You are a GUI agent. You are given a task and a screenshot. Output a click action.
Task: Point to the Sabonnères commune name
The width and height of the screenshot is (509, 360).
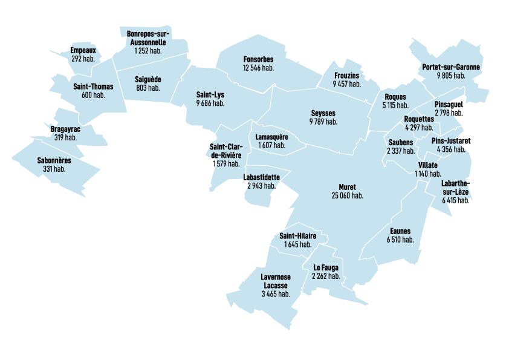pos(54,160)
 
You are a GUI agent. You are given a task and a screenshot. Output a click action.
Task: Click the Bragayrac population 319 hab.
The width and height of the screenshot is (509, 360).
pos(65,137)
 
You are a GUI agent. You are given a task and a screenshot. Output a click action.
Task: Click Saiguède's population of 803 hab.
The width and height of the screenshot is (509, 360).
pos(148,88)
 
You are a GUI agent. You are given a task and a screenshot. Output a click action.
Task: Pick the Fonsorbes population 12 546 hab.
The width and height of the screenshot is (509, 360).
pos(258,68)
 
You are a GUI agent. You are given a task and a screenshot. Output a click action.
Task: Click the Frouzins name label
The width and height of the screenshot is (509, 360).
pos(346,76)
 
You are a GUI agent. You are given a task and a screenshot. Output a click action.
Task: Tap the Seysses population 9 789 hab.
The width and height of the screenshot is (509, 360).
pos(323,122)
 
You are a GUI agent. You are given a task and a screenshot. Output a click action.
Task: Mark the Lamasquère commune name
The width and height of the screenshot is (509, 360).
pos(272,137)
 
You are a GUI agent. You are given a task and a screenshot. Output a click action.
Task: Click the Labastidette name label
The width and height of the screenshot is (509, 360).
pos(261,177)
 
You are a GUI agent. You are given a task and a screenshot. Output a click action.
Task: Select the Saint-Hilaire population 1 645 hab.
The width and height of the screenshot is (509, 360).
pos(297,244)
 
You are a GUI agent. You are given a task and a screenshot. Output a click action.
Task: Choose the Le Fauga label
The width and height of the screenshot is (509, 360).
pos(326,267)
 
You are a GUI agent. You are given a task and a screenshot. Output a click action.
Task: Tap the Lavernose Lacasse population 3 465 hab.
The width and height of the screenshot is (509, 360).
pos(276,293)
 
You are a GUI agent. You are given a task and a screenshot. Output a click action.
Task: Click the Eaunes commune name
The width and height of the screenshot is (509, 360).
pos(400,231)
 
